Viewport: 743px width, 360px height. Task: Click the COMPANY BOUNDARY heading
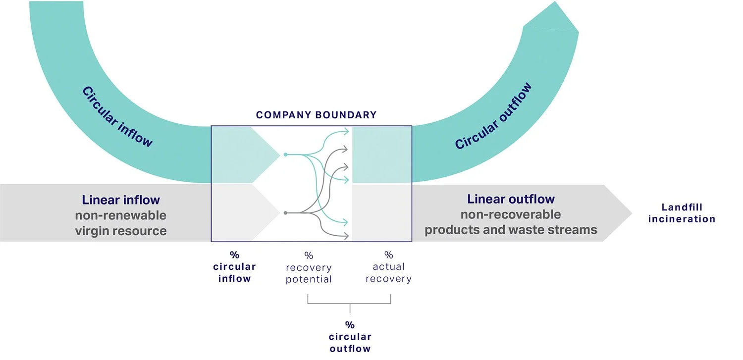(316, 115)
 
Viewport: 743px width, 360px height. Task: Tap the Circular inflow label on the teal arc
(117, 117)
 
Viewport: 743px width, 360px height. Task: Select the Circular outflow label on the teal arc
(493, 116)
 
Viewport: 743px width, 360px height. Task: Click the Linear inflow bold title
(121, 200)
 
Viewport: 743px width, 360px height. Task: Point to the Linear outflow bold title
(511, 199)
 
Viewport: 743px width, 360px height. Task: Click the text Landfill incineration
(682, 213)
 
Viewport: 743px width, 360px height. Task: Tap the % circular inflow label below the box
(234, 267)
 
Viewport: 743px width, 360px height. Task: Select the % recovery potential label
(309, 268)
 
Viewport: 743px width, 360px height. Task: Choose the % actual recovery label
(388, 267)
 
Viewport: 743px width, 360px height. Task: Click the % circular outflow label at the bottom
(350, 337)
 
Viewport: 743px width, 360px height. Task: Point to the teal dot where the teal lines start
(285, 155)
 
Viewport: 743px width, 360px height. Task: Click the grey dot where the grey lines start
(285, 213)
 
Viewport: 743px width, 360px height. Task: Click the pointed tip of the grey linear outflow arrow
(631, 213)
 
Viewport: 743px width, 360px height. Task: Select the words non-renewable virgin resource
(121, 223)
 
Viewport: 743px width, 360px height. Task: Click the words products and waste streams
(511, 230)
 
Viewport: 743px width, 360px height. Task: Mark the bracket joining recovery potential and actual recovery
(350, 303)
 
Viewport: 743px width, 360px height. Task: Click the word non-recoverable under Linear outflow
(511, 215)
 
